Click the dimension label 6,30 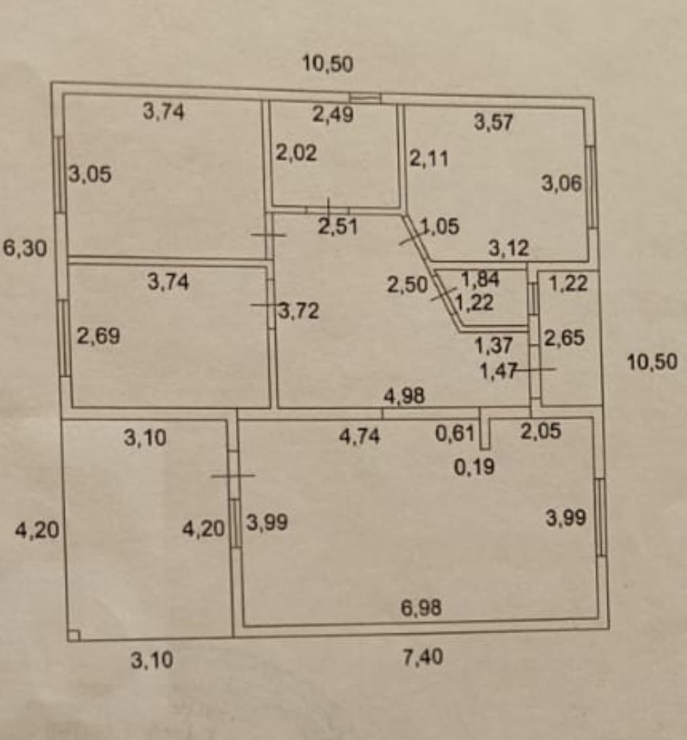(25, 248)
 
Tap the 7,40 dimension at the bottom (423, 656)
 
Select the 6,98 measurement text (421, 607)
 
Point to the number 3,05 (90, 174)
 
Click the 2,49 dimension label (333, 115)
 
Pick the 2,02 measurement (296, 153)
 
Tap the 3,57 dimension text (493, 122)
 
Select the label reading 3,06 (561, 183)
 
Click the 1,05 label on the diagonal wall (439, 226)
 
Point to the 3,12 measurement (508, 248)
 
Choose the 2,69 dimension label (98, 336)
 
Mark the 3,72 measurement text (299, 311)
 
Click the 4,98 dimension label (404, 396)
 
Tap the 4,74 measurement (359, 436)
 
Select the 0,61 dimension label (455, 433)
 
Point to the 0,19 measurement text (474, 467)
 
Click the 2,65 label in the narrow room (564, 338)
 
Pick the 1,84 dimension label (480, 279)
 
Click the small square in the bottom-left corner (73, 635)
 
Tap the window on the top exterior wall (365, 98)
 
